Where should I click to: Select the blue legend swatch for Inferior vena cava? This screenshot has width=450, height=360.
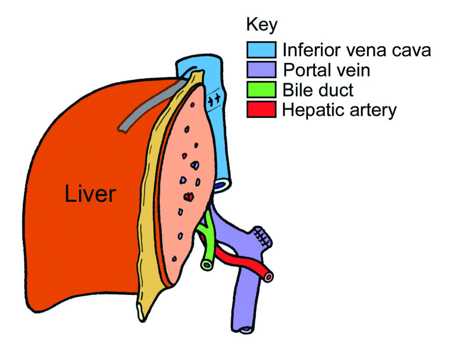[x=261, y=50]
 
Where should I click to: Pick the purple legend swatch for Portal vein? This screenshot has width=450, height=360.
[x=261, y=70]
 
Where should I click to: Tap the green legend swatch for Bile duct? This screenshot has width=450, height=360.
[x=261, y=90]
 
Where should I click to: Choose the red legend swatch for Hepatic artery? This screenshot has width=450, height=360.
[x=261, y=109]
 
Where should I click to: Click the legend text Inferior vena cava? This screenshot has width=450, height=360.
[x=356, y=50]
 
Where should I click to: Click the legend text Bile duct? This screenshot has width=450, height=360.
[x=318, y=90]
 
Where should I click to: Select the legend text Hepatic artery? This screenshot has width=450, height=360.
[x=339, y=110]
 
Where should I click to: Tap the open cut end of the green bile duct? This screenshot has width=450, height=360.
[x=206, y=265]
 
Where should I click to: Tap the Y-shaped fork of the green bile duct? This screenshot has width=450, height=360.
[x=206, y=229]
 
